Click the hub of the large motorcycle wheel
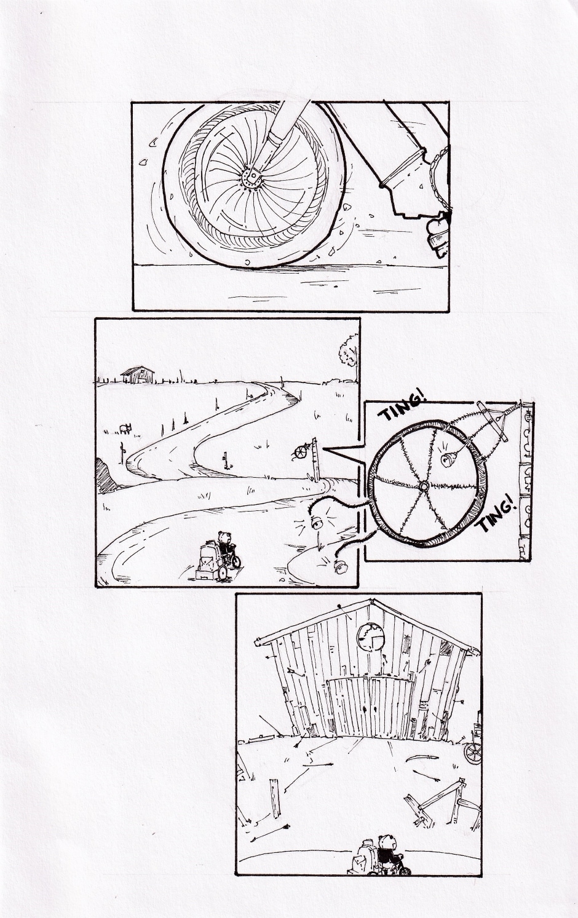[252, 178]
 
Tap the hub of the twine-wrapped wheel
[423, 486]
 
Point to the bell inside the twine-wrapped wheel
[448, 460]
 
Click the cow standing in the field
[125, 429]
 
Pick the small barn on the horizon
[138, 374]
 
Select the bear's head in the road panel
[224, 536]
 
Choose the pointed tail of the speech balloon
[324, 449]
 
